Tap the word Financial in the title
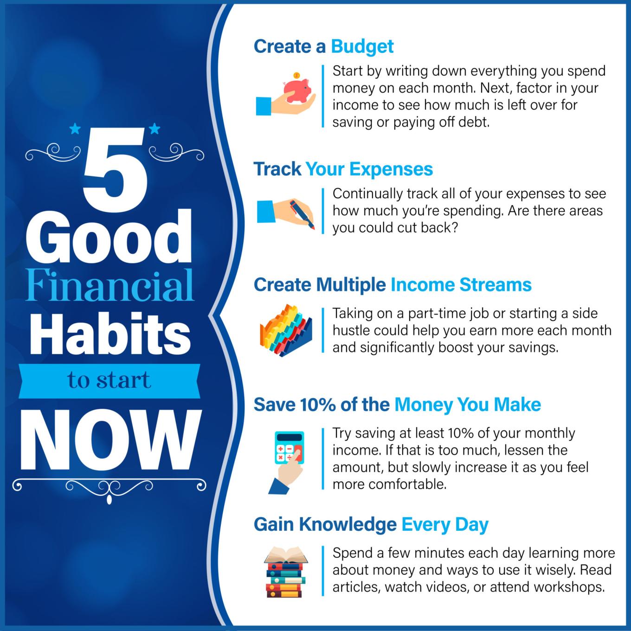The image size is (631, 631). point(109,285)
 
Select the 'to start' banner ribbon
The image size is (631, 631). point(109,380)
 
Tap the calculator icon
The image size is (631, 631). point(289,457)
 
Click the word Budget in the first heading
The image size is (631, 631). point(362,46)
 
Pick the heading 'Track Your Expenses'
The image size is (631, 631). point(343,169)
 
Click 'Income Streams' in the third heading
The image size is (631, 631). point(461,284)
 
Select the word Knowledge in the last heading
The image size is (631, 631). point(348,524)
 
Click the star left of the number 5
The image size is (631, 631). point(75,129)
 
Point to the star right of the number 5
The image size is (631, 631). point(155,129)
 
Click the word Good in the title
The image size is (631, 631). point(109,238)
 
